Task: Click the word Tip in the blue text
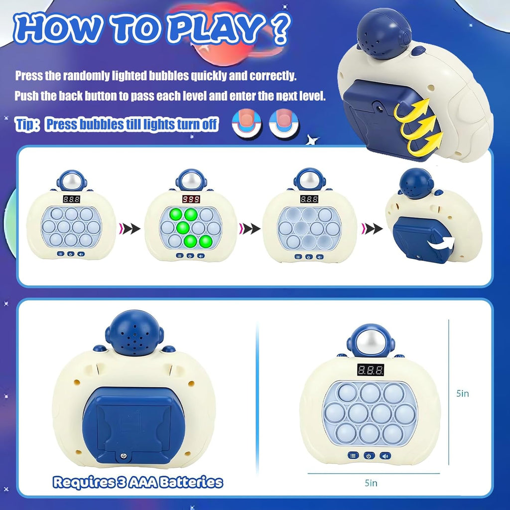[x=25, y=124]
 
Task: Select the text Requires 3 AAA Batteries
[x=138, y=482]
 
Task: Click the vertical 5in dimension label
[x=463, y=393]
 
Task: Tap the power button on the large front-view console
[x=369, y=455]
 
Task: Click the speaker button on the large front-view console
[x=384, y=455]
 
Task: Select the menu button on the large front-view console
[x=353, y=455]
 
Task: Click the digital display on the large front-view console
[x=370, y=370]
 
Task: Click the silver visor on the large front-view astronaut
[x=369, y=344]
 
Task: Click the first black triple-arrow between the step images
[x=129, y=229]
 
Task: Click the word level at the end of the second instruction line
[x=313, y=96]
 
